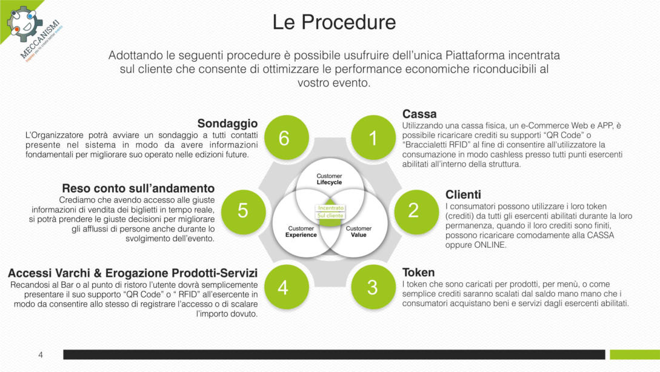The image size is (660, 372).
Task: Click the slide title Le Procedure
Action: (334, 22)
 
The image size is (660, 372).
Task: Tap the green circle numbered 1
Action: (372, 138)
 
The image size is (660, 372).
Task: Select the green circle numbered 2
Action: (413, 210)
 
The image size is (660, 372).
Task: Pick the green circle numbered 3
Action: (372, 287)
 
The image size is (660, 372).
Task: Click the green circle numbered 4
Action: (283, 287)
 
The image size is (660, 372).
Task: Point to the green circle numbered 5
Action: (242, 210)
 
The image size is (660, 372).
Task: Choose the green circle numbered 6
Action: (284, 138)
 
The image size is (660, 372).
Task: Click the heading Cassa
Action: (419, 114)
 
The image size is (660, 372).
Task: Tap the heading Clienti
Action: (463, 194)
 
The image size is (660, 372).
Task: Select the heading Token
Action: (418, 272)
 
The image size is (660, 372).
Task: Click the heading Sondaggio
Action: (227, 123)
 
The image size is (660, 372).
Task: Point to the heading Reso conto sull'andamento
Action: (138, 188)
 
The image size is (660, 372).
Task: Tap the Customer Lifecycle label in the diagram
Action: (330, 179)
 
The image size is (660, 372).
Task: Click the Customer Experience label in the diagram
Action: (301, 231)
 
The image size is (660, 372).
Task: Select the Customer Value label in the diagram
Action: (359, 231)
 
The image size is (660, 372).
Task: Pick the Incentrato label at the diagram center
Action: (330, 207)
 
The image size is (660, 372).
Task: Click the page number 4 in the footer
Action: (41, 355)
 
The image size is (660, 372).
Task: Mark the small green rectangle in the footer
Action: (634, 354)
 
